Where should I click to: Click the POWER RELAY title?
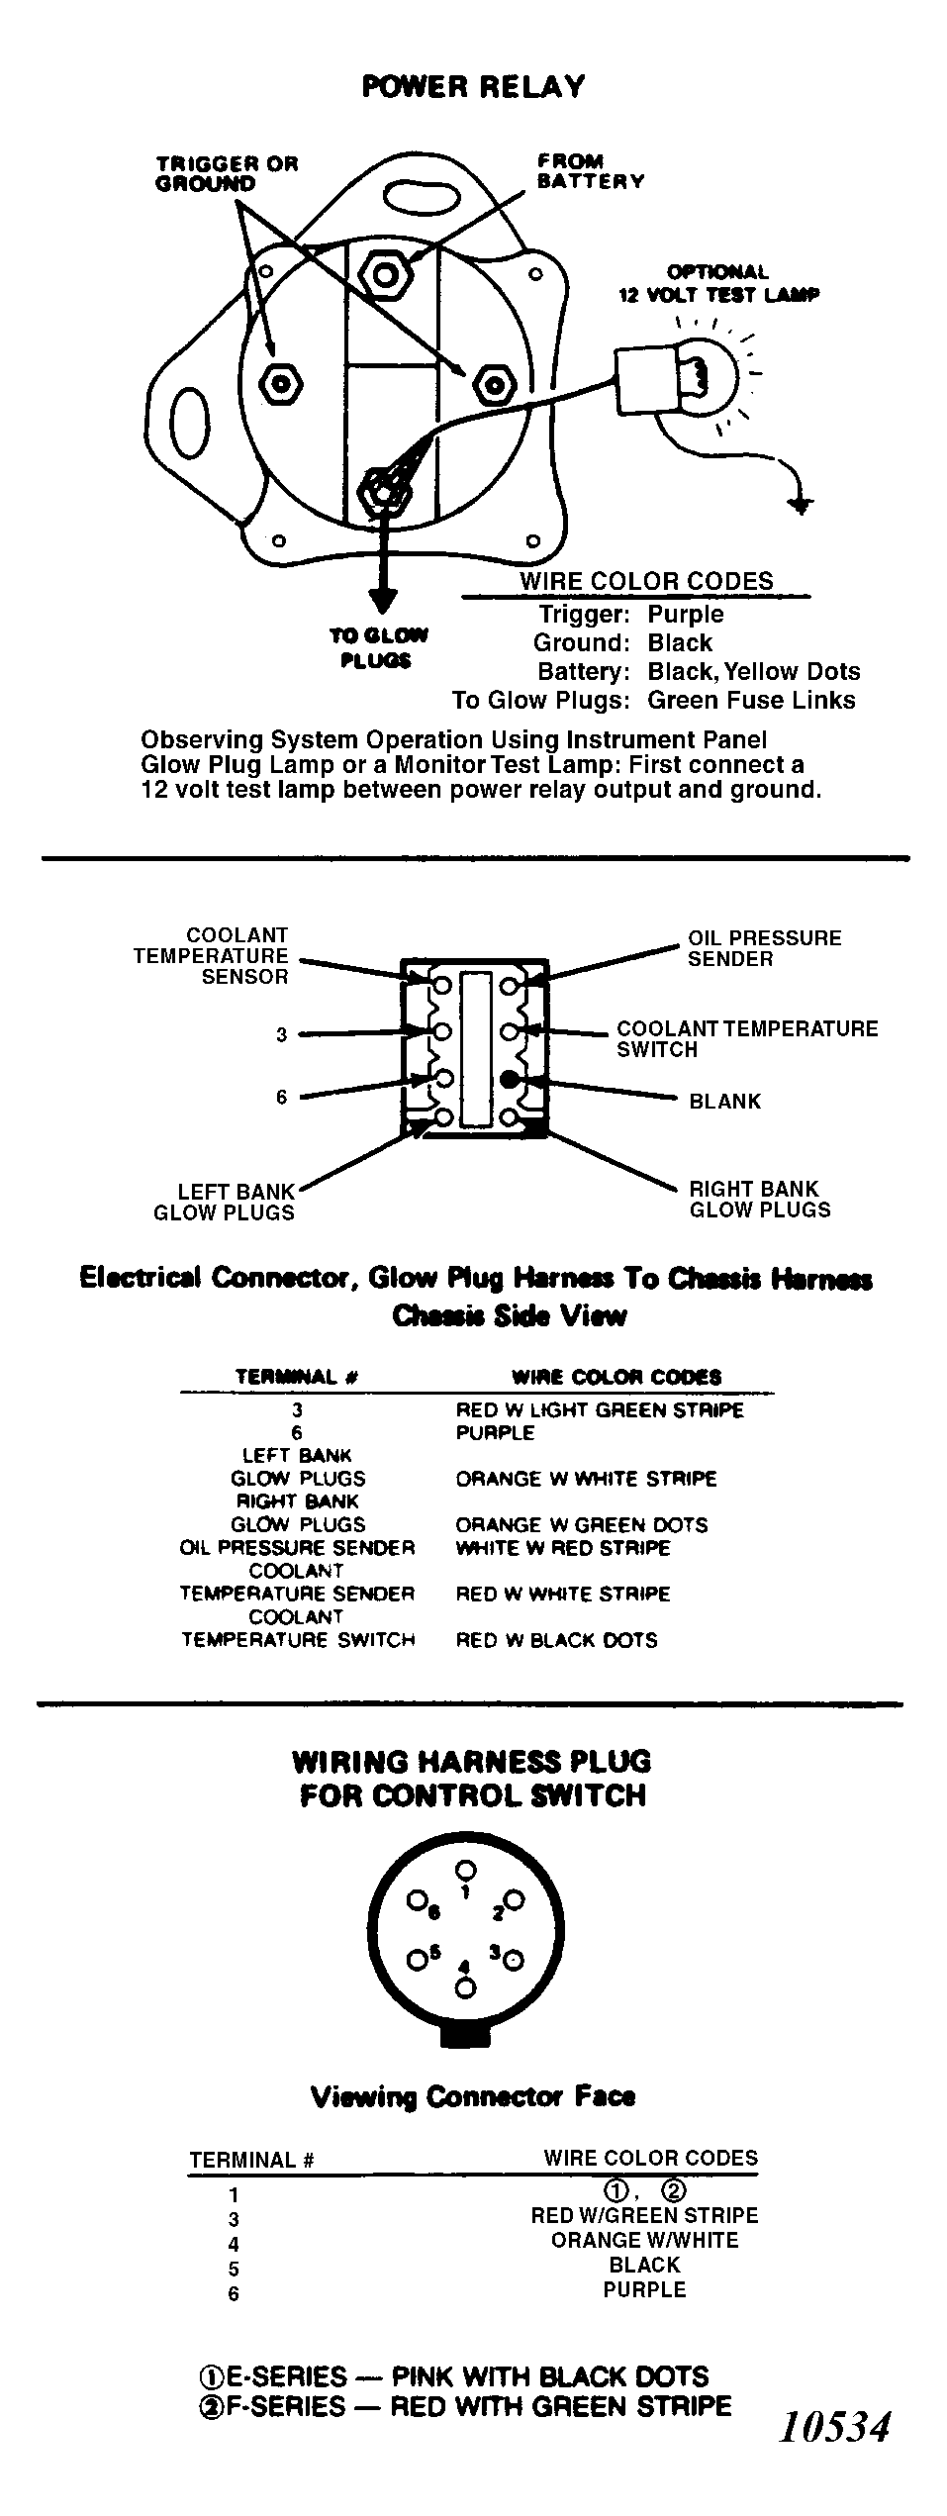pos(473,87)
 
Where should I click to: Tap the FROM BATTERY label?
pos(591,171)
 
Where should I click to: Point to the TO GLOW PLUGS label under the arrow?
pos(377,648)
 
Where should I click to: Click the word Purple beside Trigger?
pos(685,614)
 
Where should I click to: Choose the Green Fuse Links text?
pos(751,700)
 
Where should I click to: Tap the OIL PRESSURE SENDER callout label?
pos(765,948)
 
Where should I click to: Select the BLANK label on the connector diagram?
pos(725,1102)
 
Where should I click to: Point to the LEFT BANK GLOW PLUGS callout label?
pos(224,1202)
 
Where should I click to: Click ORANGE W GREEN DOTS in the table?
pos(582,1525)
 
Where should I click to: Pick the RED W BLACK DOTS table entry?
pos(556,1640)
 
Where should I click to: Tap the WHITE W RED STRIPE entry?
pos(563,1548)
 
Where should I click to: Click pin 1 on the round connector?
pos(466,1870)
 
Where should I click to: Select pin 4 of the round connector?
pos(465,1986)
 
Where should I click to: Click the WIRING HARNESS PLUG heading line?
pos(472,1763)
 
